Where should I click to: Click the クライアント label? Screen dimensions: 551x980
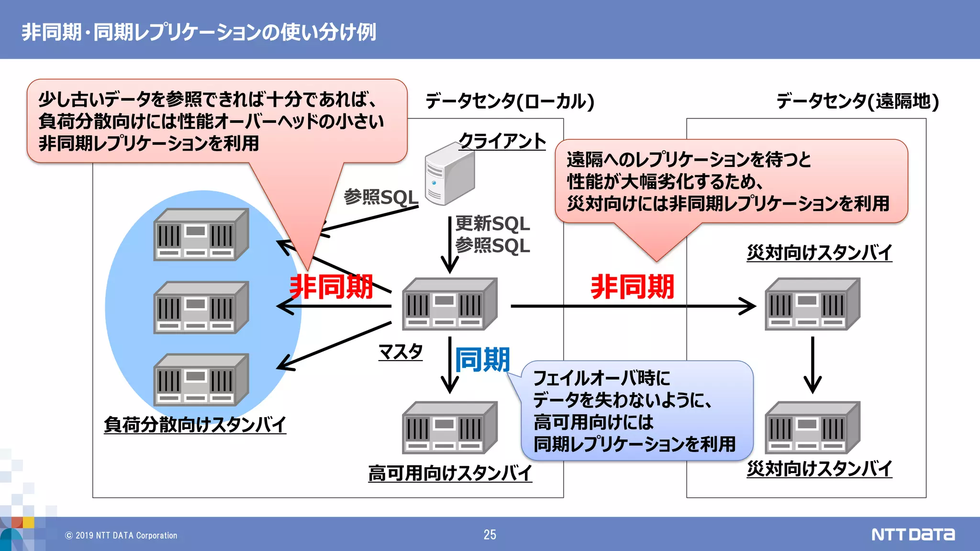pyautogui.click(x=502, y=141)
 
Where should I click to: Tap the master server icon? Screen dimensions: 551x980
pyautogui.click(x=449, y=304)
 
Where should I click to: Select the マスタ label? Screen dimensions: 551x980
pyautogui.click(x=401, y=352)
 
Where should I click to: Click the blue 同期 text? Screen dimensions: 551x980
pyautogui.click(x=482, y=360)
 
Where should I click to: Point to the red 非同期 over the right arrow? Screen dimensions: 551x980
pyautogui.click(x=632, y=287)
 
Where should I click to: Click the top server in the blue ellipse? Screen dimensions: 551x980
pyautogui.click(x=201, y=234)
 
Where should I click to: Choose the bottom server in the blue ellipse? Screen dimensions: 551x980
pyautogui.click(x=201, y=380)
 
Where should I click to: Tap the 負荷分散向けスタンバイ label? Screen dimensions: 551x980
pyautogui.click(x=195, y=424)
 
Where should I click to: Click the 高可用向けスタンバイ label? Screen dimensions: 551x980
pyautogui.click(x=450, y=473)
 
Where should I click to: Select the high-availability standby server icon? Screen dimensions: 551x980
pyautogui.click(x=449, y=428)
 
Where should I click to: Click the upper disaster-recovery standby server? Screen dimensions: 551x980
pyautogui.click(x=812, y=304)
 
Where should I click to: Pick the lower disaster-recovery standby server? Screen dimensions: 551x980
pyautogui.click(x=812, y=428)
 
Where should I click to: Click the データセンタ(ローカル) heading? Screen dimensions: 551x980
pyautogui.click(x=510, y=101)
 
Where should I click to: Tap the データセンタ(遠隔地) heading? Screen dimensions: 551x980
pyautogui.click(x=857, y=101)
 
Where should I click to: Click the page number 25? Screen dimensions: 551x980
pyautogui.click(x=490, y=535)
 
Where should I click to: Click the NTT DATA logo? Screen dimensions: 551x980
pyautogui.click(x=913, y=534)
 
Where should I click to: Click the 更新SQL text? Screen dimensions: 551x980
pyautogui.click(x=492, y=223)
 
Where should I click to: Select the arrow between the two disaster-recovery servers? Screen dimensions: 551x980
pyautogui.click(x=812, y=364)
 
